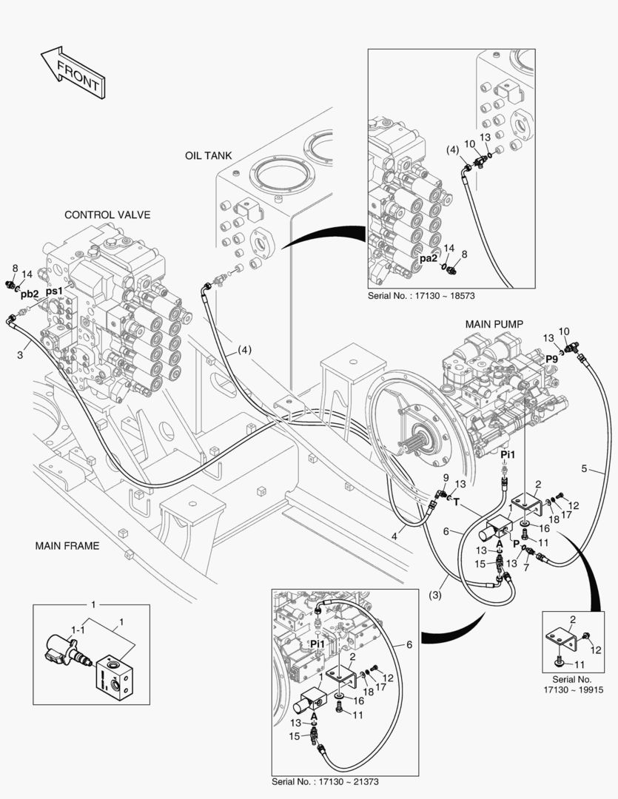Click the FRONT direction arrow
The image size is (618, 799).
[71, 72]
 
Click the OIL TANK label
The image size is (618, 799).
[209, 156]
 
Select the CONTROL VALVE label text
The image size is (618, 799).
[107, 215]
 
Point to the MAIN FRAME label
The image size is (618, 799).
[67, 546]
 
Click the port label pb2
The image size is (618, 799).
[29, 294]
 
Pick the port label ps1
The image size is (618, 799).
[54, 291]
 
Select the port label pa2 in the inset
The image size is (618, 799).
[429, 259]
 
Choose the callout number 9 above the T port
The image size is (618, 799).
[443, 479]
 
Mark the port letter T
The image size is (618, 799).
[457, 501]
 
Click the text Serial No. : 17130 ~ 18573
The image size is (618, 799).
[420, 294]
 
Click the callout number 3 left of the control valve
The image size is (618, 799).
[20, 355]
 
